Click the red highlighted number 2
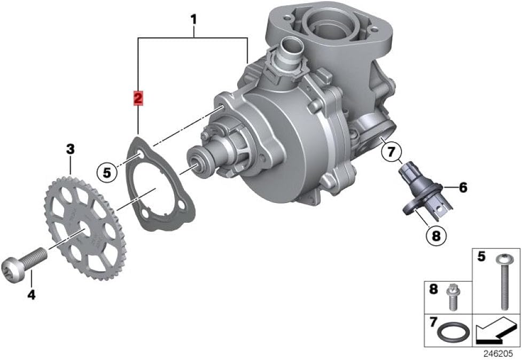138,98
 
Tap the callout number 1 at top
193,20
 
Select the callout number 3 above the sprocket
70,150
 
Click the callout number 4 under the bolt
32,294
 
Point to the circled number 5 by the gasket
106,173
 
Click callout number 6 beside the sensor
463,187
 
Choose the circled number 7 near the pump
392,152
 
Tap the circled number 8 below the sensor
436,236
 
